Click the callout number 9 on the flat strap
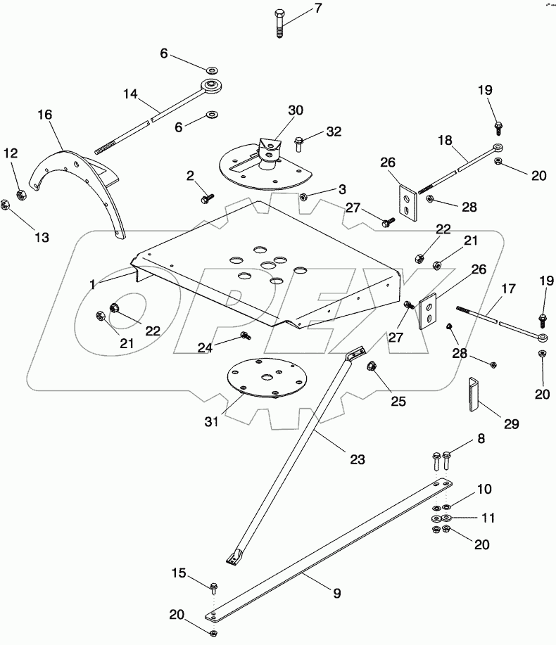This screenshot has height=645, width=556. point(336,593)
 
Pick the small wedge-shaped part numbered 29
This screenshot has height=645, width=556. point(472,397)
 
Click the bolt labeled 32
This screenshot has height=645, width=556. point(298,143)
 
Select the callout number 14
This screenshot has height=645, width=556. point(131,94)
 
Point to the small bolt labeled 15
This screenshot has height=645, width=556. point(214,585)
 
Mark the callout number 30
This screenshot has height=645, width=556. point(295,110)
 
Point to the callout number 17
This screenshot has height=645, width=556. point(507,288)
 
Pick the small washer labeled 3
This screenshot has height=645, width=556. point(303,197)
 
